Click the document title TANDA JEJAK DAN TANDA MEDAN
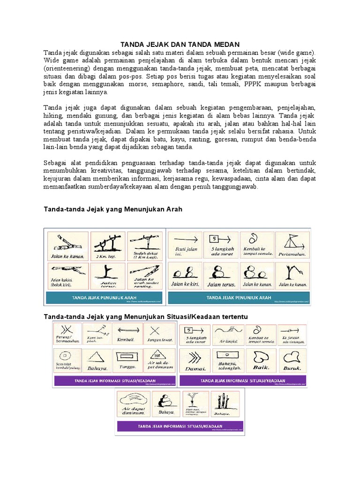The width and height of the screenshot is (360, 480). pyautogui.click(x=180, y=44)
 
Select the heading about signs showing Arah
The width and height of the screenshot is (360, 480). pyautogui.click(x=112, y=210)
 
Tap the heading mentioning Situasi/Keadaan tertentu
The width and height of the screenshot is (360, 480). pyautogui.click(x=145, y=316)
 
